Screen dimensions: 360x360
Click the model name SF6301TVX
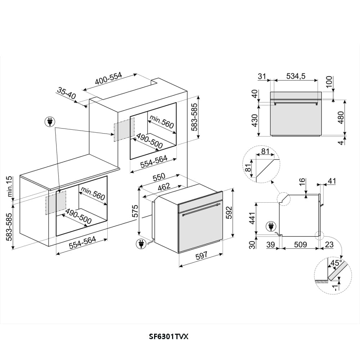[x=169, y=337]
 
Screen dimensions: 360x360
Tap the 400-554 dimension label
[x=108, y=78]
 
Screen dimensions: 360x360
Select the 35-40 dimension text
[x=66, y=93]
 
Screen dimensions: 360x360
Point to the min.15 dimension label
[x=9, y=186]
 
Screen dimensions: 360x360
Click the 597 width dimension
[x=201, y=256]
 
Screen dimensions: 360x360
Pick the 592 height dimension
[x=229, y=213]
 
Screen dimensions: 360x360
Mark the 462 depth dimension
[x=164, y=187]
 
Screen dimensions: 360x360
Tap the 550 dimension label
[x=159, y=176]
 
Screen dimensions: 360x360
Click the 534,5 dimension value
[x=296, y=76]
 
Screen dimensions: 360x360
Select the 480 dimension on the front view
[x=341, y=117]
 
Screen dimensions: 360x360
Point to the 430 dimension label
[x=255, y=120]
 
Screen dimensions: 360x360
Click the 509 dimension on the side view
[x=300, y=244]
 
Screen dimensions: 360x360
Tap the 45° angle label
[x=336, y=263]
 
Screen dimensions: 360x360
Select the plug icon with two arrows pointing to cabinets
[x=50, y=122]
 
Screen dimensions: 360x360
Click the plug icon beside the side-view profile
[x=271, y=226]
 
